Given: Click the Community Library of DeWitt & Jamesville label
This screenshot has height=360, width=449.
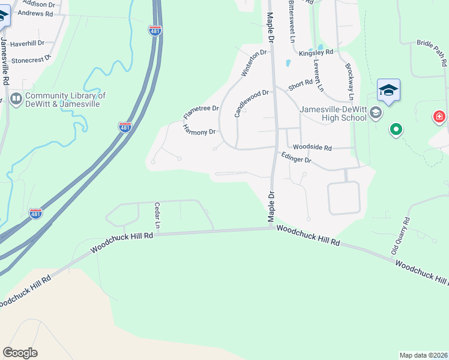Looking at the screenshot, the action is pos(65,100).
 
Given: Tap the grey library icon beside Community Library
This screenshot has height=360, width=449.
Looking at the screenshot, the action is pos(16,98).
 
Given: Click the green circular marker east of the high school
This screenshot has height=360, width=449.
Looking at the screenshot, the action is pos(396,129).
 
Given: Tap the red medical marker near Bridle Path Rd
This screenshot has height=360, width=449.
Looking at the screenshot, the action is pos(439,116).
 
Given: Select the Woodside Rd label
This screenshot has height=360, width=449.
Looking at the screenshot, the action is pos(312,147).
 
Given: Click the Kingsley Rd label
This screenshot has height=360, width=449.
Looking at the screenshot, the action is pos(320,53).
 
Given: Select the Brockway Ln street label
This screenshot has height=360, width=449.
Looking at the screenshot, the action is pos(349,80).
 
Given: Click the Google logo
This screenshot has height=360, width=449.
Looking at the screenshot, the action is pos(20,353).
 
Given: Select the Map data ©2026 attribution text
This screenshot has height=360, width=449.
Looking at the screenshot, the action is pos(423,355).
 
